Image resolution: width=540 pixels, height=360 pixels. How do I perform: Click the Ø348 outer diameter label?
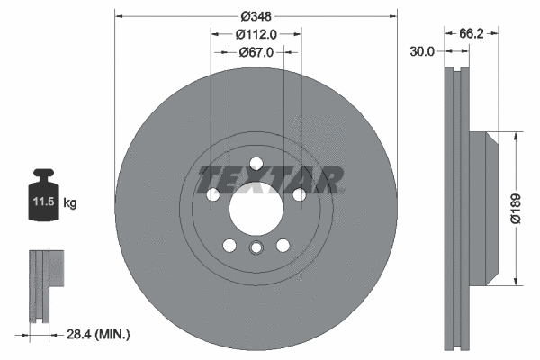256,16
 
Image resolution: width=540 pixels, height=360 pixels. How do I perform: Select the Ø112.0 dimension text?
256,34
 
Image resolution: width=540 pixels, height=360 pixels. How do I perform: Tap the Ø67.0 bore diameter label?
256,52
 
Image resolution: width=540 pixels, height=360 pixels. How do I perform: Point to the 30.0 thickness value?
422,52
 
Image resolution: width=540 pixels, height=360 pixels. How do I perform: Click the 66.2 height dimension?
473,33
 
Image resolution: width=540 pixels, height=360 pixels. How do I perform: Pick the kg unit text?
69,203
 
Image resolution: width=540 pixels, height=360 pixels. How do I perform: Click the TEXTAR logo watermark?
270,180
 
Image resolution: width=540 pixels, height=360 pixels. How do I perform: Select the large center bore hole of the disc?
256,209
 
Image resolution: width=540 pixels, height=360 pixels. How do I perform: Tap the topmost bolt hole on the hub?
256,163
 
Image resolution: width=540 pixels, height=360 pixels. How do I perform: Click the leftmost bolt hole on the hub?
212,194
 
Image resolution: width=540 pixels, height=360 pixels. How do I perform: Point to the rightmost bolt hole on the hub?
299,194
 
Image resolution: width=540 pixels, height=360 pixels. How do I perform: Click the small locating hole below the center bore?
256,251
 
